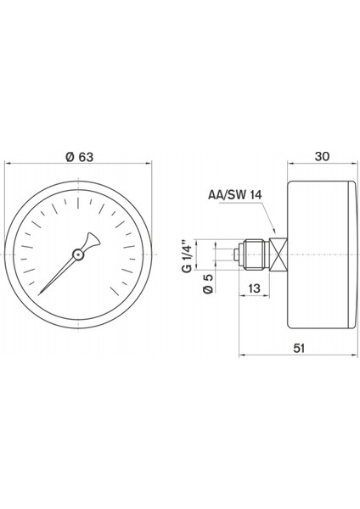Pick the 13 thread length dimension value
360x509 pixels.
pos(254,289)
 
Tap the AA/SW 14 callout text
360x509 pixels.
pos(235,194)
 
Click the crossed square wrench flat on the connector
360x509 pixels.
pos(278,253)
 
